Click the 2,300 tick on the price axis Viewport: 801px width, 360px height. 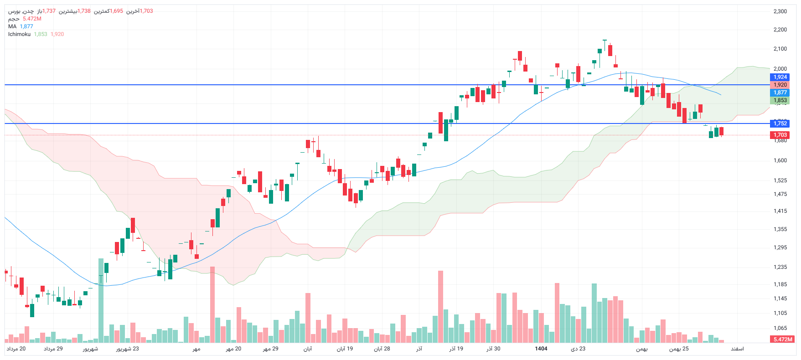point(780,11)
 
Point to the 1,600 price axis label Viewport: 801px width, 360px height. point(780,160)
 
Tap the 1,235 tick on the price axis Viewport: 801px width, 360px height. point(780,267)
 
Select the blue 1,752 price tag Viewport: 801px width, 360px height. point(780,123)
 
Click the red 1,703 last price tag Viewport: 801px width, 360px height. point(780,135)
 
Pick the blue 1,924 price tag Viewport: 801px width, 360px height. point(780,77)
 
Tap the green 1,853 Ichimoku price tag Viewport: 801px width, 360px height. point(780,100)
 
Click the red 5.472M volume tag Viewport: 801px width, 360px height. point(783,339)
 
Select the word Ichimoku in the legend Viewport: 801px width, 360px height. point(19,34)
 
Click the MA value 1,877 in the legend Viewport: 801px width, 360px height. point(26,26)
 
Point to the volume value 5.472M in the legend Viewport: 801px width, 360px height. point(32,19)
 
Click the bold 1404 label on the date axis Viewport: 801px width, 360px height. point(541,349)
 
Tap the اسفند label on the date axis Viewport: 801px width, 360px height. point(737,349)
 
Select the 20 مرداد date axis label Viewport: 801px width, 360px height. point(16,349)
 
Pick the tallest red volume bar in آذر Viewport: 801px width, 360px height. point(440,306)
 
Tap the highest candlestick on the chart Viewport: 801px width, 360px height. point(605,46)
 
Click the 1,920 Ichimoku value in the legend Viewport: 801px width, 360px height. point(57,34)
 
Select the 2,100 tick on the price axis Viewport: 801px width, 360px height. point(780,49)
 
